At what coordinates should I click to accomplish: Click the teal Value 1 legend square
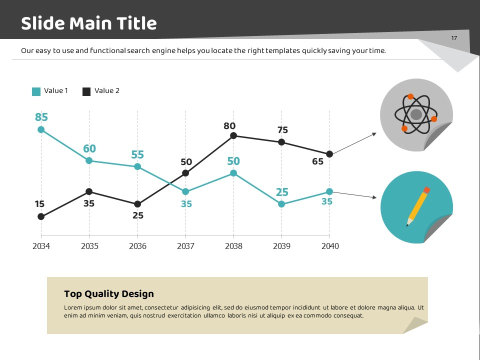(x=36, y=91)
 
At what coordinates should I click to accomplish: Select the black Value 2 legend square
(x=86, y=91)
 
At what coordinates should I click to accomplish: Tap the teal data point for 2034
(x=41, y=129)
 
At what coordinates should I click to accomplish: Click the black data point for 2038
(x=233, y=135)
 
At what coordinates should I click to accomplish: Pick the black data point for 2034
(x=41, y=216)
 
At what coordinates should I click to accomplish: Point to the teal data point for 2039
(x=281, y=204)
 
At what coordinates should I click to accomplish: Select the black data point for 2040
(x=329, y=154)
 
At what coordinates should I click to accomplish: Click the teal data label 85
(x=41, y=117)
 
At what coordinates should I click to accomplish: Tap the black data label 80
(x=229, y=126)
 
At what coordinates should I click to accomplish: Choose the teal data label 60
(x=89, y=148)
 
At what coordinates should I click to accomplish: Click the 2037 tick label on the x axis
(x=185, y=246)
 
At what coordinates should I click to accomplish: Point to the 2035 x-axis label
(x=89, y=246)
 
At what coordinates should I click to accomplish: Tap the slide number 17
(x=454, y=38)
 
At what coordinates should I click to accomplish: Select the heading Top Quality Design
(x=109, y=294)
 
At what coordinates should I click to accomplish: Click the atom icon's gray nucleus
(x=416, y=114)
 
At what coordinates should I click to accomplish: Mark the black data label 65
(x=317, y=161)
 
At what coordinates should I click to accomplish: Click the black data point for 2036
(x=137, y=204)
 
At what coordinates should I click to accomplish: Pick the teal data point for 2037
(x=185, y=191)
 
